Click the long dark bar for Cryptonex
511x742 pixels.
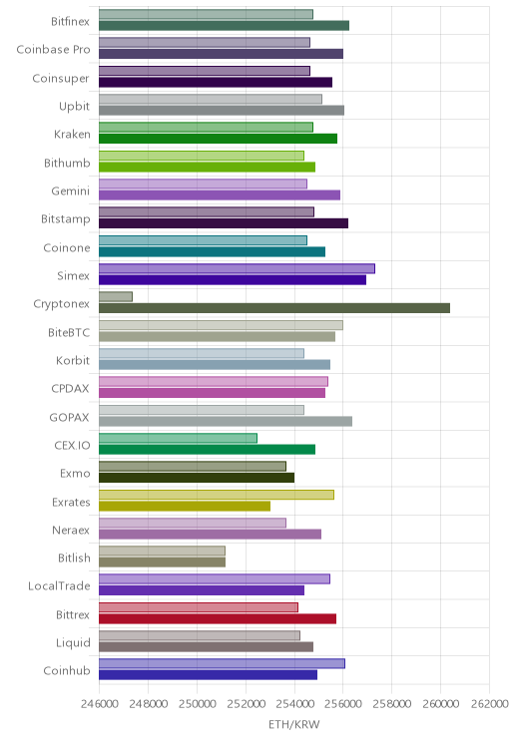(274, 308)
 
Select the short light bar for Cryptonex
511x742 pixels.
(116, 297)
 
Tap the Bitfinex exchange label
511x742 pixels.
(70, 21)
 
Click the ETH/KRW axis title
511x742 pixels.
(294, 724)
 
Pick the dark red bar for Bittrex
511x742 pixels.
(218, 618)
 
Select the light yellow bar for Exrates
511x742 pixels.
(217, 495)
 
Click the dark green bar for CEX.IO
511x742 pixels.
(207, 449)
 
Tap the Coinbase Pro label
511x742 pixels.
(53, 49)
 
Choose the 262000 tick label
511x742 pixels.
(489, 704)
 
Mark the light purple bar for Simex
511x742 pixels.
(237, 268)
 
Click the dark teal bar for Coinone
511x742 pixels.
(213, 251)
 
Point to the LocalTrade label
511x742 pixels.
(59, 585)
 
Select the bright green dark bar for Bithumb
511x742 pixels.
(207, 167)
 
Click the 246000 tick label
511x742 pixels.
(99, 704)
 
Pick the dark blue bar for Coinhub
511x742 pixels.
(208, 675)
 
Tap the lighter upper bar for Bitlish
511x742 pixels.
(162, 551)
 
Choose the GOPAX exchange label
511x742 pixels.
(69, 417)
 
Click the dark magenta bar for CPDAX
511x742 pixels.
(213, 393)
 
